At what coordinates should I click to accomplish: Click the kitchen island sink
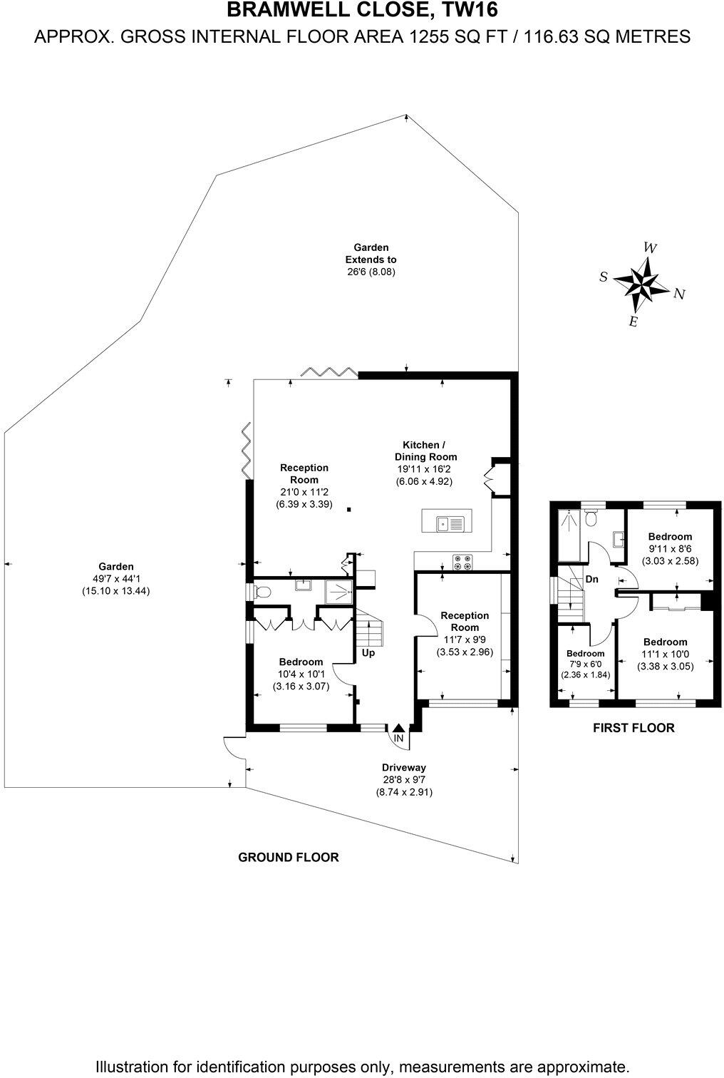tap(443, 523)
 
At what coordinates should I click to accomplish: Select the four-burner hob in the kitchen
tap(462, 563)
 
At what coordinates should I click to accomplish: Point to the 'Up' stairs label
tap(368, 652)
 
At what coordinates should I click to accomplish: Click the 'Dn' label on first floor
tap(591, 580)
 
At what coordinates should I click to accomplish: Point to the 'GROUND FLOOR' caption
tap(288, 857)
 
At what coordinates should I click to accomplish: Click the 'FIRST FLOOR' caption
tap(633, 728)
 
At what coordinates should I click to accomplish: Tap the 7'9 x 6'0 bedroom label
tap(585, 664)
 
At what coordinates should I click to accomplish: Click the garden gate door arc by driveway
tap(233, 746)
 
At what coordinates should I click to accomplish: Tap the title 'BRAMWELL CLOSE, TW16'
tap(362, 10)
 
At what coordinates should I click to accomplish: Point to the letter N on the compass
tap(679, 294)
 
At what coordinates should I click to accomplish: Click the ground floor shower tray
tap(338, 591)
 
